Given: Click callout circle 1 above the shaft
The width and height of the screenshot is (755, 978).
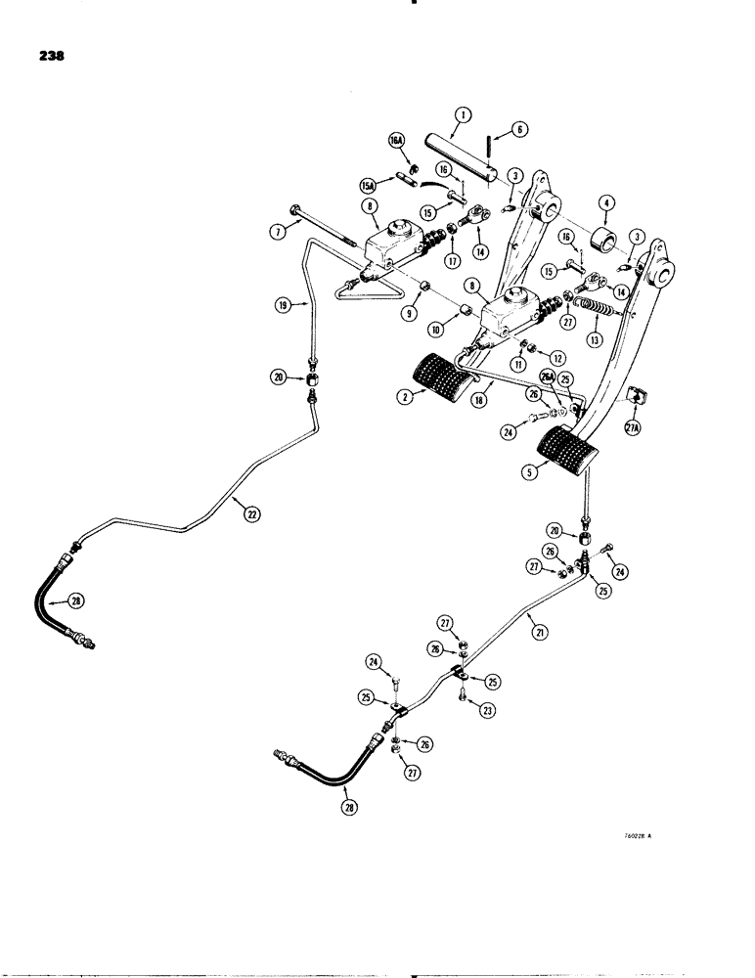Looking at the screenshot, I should pyautogui.click(x=462, y=115).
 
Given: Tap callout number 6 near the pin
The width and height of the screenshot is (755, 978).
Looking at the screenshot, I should pyautogui.click(x=519, y=127).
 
